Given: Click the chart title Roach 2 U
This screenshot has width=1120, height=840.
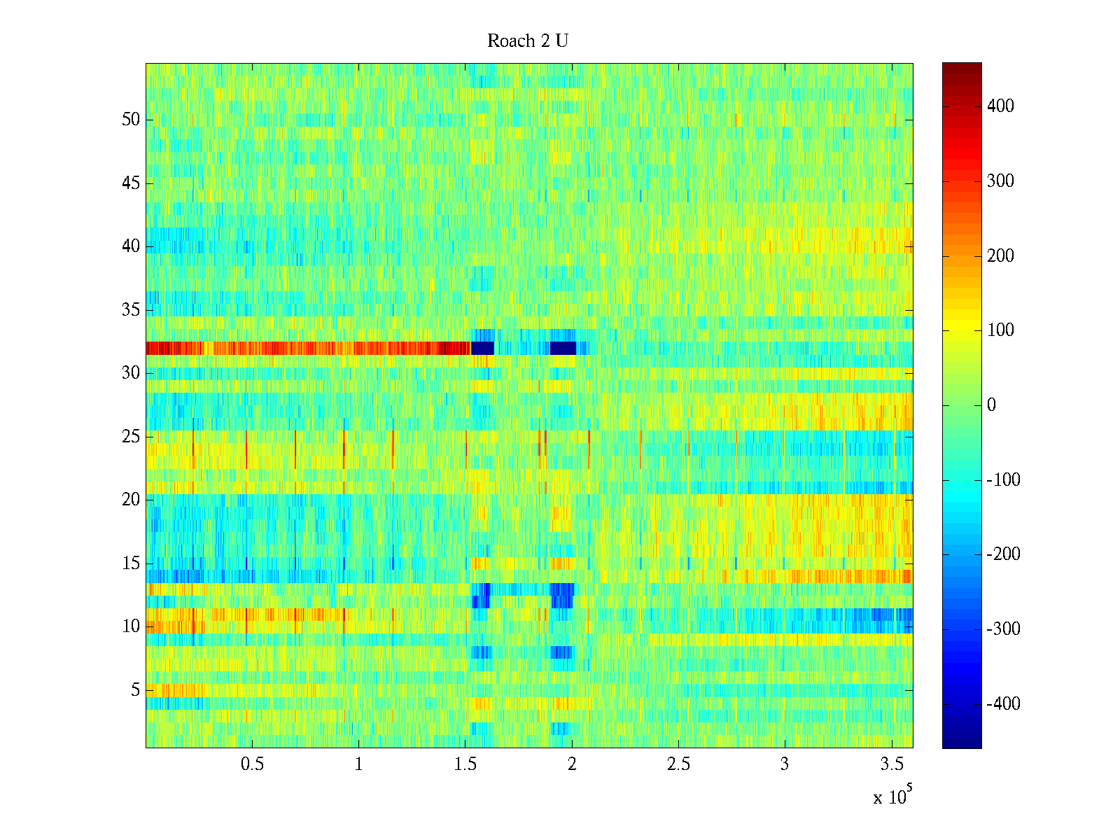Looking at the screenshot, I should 528,41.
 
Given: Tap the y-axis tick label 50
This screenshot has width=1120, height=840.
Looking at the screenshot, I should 131,120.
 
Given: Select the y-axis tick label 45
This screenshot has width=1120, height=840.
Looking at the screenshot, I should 131,183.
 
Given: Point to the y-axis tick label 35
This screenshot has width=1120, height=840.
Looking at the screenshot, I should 131,310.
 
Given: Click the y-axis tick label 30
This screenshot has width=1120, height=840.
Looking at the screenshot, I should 131,373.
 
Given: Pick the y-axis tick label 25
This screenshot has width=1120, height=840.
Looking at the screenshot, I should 131,437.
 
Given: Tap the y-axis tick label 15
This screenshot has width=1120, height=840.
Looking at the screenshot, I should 131,563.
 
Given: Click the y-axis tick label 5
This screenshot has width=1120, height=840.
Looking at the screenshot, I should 135,690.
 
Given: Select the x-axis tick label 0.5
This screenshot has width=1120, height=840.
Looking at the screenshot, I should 252,764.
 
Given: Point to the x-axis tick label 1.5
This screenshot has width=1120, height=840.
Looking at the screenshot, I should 465,764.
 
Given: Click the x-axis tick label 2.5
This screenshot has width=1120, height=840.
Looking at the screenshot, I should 678,764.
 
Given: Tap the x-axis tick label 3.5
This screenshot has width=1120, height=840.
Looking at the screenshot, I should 891,764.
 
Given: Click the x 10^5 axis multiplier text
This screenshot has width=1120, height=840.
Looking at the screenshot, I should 892,797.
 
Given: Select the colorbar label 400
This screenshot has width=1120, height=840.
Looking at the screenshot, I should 1000,106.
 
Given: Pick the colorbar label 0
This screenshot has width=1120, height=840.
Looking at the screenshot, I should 991,405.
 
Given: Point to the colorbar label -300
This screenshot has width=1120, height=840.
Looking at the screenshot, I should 1003,629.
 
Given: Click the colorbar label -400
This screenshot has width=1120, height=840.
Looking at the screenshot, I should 1003,704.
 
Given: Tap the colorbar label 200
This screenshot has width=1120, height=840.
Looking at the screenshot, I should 1000,256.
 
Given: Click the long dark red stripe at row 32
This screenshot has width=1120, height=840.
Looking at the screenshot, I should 308,348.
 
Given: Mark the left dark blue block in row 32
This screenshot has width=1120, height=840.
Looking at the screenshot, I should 482,348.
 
